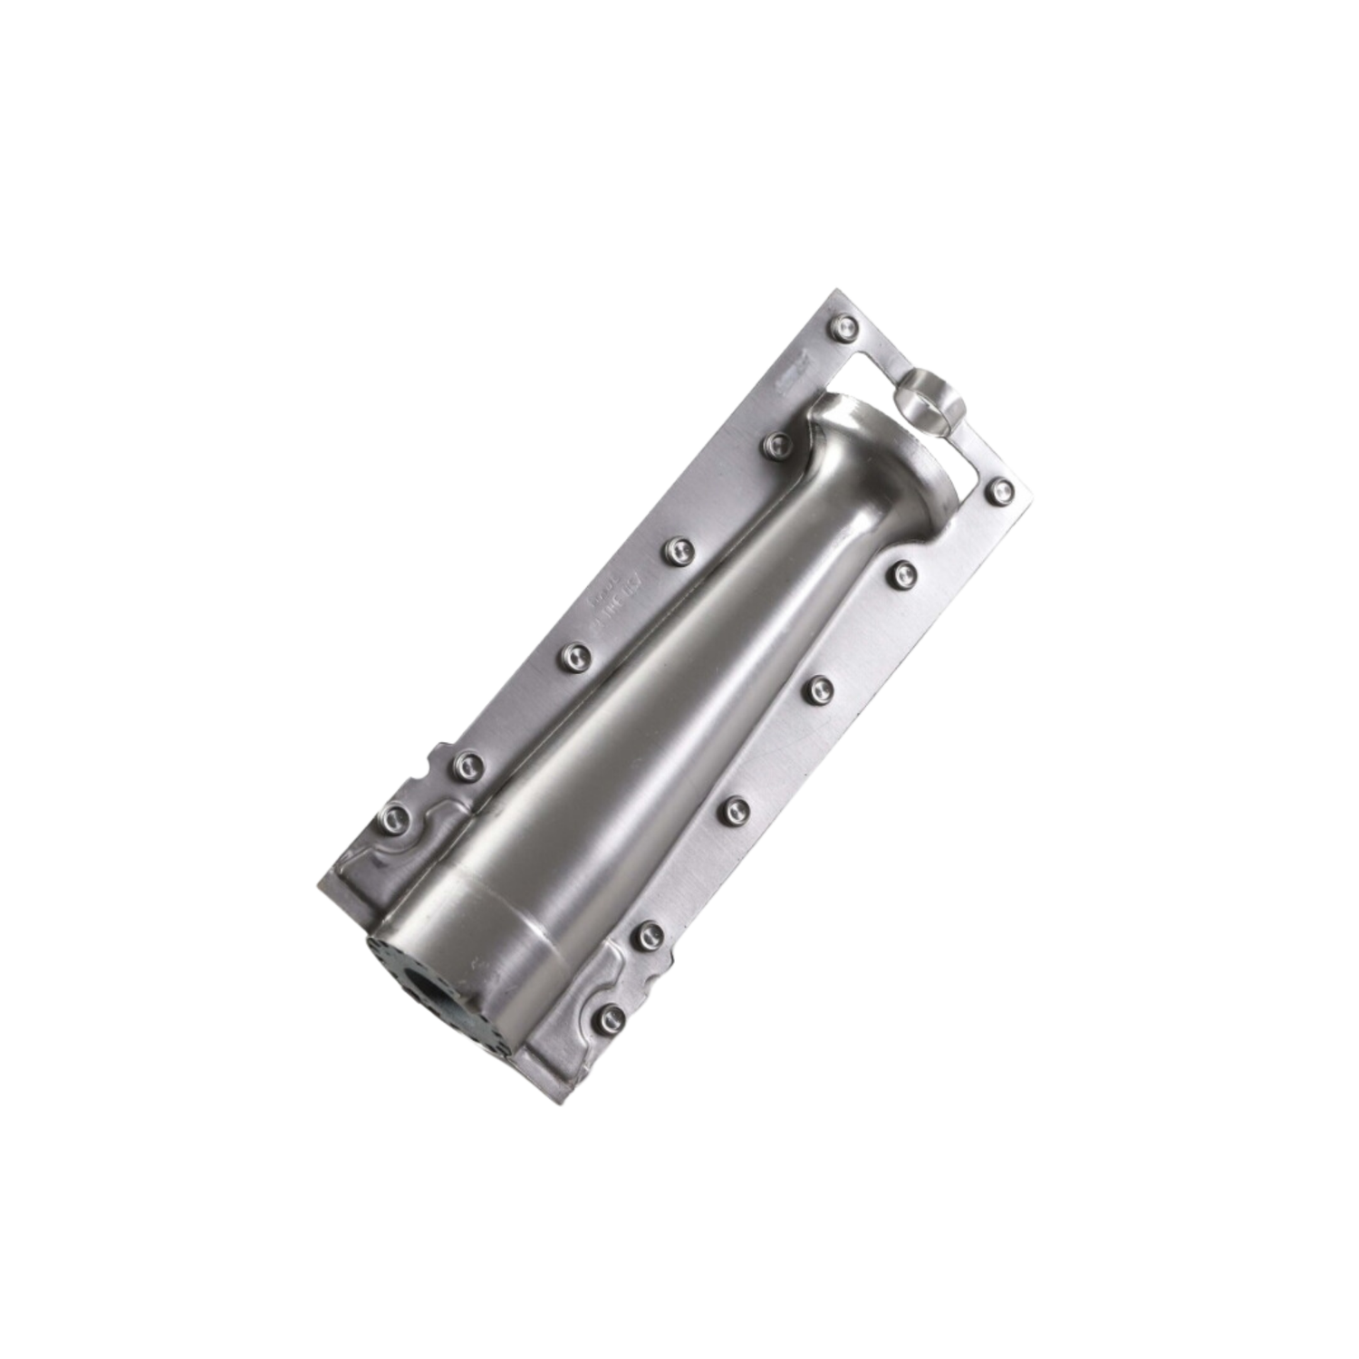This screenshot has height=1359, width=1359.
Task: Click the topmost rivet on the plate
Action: [845, 327]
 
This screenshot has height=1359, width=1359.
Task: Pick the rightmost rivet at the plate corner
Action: [1000, 492]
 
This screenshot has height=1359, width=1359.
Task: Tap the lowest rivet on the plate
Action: [612, 1018]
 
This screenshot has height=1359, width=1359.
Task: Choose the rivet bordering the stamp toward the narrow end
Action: [574, 656]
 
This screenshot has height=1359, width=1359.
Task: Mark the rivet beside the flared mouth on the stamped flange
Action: [776, 443]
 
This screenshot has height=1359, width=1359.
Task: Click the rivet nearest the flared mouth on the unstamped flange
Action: [904, 573]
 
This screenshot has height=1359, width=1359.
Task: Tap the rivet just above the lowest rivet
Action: [649, 936]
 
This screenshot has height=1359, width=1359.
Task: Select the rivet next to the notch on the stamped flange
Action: [467, 766]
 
